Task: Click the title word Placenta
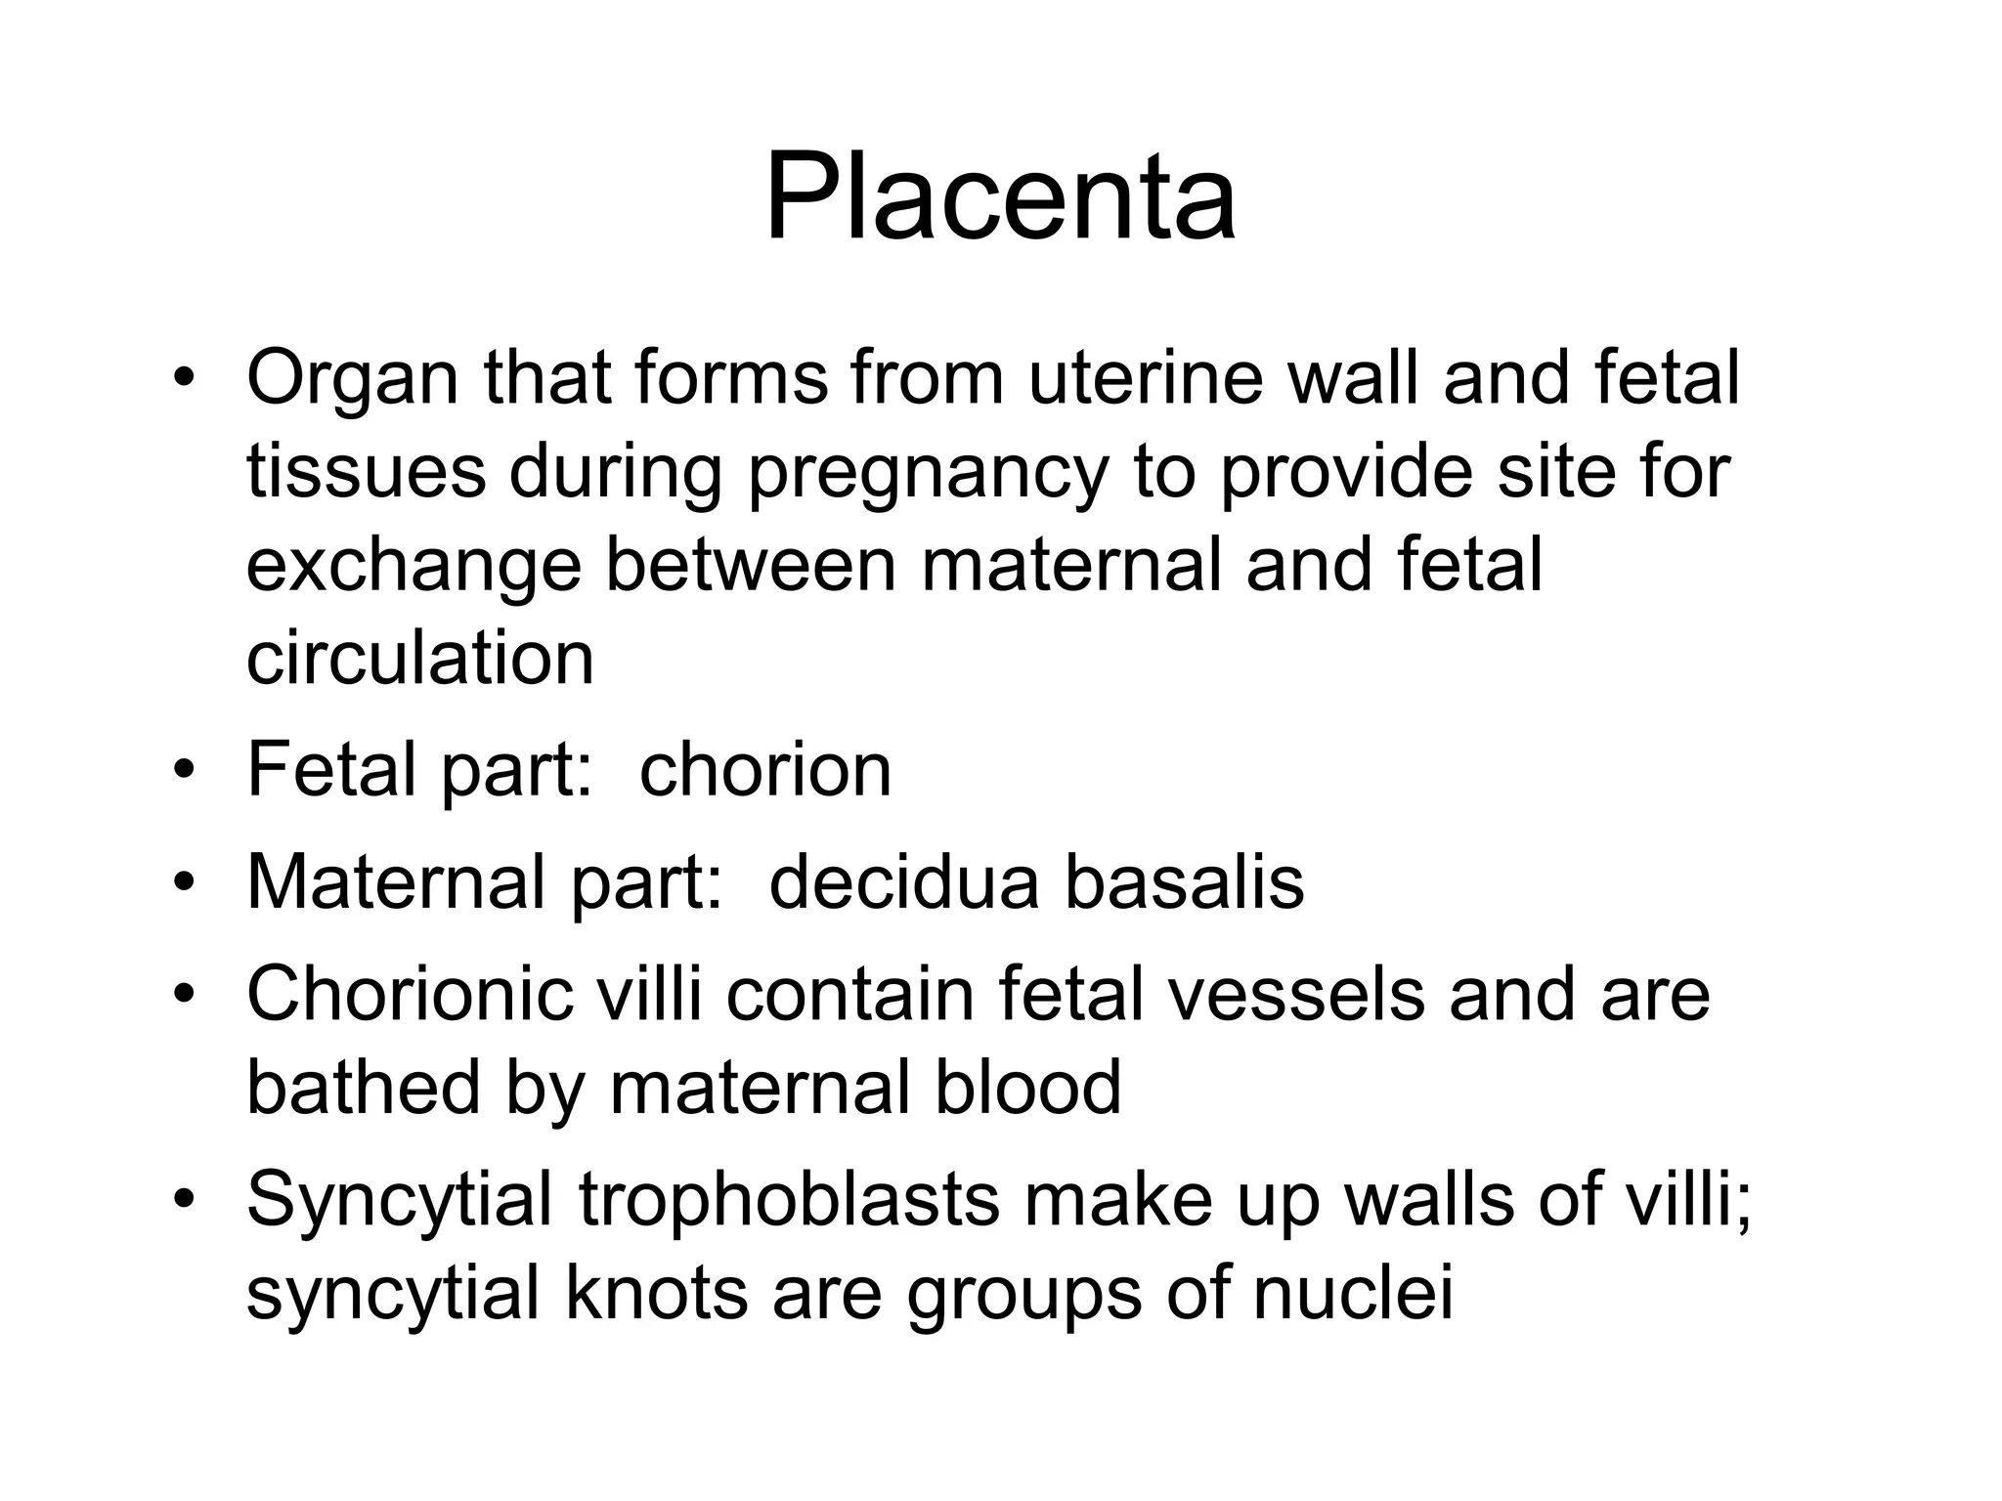(x=1000, y=198)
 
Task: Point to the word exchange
(x=413, y=568)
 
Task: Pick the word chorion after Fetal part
(x=765, y=769)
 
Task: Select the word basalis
(x=1184, y=882)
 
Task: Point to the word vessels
(x=1303, y=994)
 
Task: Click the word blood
(x=1027, y=1087)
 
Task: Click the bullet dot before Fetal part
(x=182, y=771)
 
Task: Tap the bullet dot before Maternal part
(x=182, y=884)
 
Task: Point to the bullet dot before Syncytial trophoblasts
(x=182, y=1200)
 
